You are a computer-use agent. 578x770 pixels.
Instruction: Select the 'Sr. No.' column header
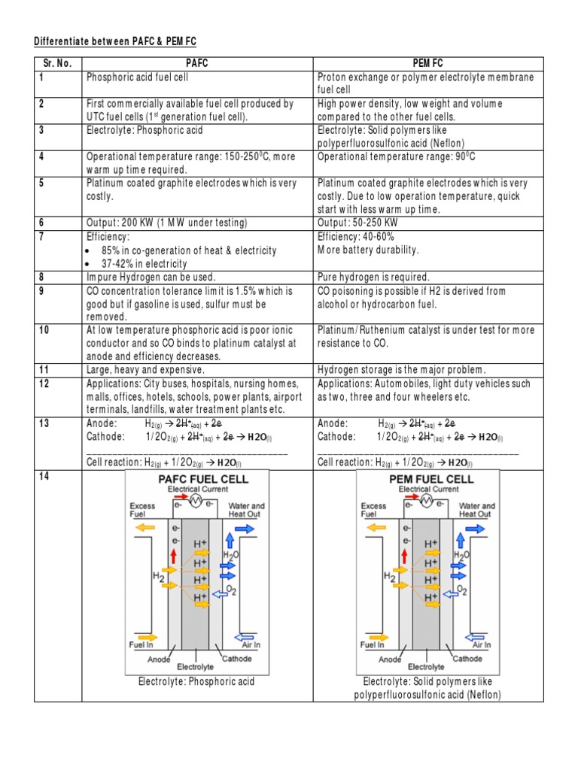point(56,63)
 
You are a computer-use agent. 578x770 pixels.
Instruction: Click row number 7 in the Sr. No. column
point(42,236)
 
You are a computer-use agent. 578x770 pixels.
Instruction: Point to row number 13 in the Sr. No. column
point(44,423)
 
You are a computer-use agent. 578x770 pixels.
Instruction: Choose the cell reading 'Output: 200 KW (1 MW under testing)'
point(166,223)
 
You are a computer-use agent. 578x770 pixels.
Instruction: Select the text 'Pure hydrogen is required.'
point(373,277)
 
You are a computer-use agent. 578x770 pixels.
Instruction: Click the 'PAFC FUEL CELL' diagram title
point(202,479)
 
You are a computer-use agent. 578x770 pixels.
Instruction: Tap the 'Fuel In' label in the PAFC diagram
point(143,644)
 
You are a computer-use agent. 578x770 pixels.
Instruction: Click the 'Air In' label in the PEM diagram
point(482,644)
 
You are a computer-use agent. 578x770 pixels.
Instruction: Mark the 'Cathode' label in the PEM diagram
point(467,659)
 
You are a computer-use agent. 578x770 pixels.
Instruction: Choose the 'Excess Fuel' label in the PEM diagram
point(373,511)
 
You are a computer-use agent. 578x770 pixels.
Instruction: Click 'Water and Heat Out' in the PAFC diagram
point(246,511)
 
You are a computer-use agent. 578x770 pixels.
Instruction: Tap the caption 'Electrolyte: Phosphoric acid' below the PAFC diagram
point(196,682)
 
